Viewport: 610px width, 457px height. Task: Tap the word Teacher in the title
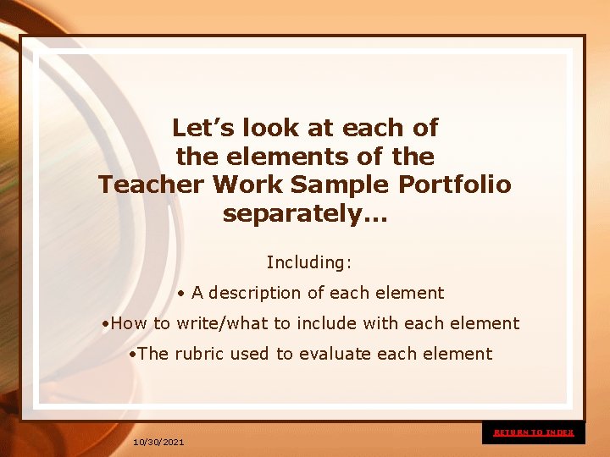coord(150,184)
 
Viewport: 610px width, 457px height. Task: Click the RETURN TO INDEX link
coord(534,432)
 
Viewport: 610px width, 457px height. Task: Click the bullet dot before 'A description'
coord(182,294)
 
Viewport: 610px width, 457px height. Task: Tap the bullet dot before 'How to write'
coord(103,324)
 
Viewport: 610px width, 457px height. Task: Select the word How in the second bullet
coord(129,323)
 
